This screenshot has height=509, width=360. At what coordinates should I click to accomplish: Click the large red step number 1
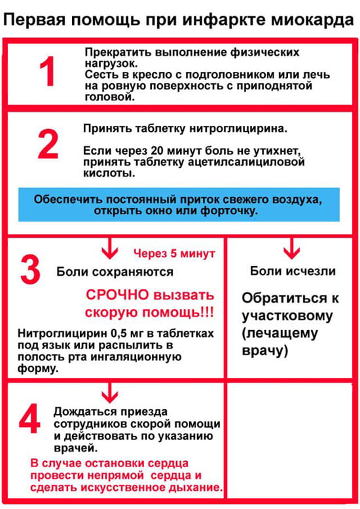tap(47, 71)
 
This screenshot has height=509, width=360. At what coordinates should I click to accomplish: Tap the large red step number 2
tap(48, 144)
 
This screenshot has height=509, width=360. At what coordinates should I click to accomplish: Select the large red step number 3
tap(30, 269)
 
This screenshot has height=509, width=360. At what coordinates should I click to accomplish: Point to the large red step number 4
tap(29, 418)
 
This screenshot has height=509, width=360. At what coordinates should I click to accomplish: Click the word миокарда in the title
tap(312, 20)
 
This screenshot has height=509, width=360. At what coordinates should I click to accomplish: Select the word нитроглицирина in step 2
tap(238, 128)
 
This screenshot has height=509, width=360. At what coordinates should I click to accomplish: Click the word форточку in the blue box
tap(229, 211)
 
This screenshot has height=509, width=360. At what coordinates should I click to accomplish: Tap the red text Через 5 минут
tap(174, 254)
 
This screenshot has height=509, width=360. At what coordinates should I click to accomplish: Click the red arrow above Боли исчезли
tap(291, 248)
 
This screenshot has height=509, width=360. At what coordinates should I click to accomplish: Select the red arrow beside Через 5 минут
tap(110, 248)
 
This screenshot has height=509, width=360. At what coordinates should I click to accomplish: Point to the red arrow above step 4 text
tap(109, 393)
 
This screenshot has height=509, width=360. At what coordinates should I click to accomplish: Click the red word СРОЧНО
tap(117, 295)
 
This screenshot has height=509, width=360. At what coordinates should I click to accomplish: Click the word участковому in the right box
tap(287, 316)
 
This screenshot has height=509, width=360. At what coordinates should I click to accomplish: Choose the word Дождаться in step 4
tap(85, 412)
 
